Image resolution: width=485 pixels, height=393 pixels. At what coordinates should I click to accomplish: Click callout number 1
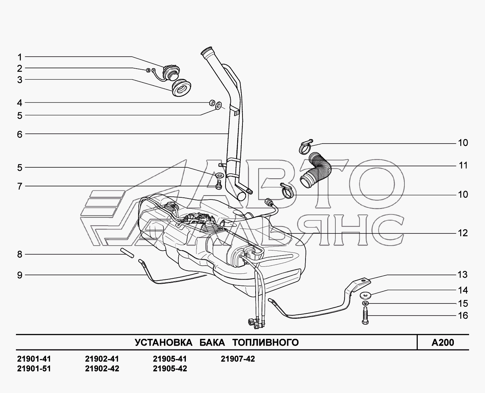point(20,57)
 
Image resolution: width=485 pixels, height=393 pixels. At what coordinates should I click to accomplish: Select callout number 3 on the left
point(20,80)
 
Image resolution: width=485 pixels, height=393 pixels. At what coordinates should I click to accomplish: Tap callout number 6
point(20,134)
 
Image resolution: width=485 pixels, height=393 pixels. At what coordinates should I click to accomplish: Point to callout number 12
point(463,233)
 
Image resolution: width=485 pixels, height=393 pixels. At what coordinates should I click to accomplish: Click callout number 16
point(463,316)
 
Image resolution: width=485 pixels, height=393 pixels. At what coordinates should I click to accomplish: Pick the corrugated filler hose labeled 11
point(316,169)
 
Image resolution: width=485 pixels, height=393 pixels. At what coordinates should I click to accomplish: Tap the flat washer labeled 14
point(365,295)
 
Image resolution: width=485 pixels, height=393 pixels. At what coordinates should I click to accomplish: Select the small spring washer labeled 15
point(365,303)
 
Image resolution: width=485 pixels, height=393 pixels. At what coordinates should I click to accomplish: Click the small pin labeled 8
point(127,253)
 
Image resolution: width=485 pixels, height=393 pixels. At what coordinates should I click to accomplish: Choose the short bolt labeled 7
point(218,185)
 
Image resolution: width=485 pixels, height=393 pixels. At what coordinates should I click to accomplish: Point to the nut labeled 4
point(212,103)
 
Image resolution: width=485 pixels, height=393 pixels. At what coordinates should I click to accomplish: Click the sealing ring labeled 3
point(181,88)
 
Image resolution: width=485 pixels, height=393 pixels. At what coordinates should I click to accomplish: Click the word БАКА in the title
point(212,342)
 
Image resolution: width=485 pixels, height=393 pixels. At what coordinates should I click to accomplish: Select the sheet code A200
point(443,342)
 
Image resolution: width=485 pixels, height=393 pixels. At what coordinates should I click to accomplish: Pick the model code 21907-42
point(238,359)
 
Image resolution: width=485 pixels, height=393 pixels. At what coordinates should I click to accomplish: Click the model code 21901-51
point(34,369)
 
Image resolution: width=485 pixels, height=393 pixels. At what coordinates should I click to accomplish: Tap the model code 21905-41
point(170,359)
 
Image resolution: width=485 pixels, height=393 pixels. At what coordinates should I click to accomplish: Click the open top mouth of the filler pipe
point(206,50)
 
